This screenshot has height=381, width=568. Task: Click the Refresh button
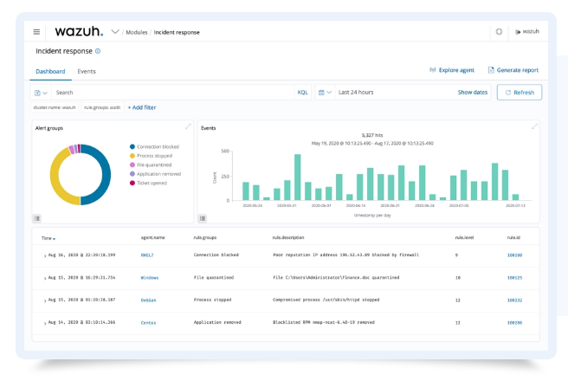pyautogui.click(x=519, y=92)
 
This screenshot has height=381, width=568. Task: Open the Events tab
pyautogui.click(x=87, y=71)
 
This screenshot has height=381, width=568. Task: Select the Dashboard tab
pyautogui.click(x=50, y=71)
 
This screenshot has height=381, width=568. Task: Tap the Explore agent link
pyautogui.click(x=452, y=70)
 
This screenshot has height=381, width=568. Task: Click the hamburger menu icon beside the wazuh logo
pyautogui.click(x=36, y=32)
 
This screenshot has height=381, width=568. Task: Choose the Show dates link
pyautogui.click(x=472, y=92)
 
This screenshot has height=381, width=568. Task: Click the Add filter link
pyautogui.click(x=142, y=107)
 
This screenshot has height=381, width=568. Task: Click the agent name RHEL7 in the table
pyautogui.click(x=149, y=255)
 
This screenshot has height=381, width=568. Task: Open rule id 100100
pyautogui.click(x=514, y=255)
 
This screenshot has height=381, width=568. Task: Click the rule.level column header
pyautogui.click(x=465, y=236)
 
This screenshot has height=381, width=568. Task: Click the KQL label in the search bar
pyautogui.click(x=303, y=92)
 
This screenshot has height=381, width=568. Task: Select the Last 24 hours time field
pyautogui.click(x=357, y=92)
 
